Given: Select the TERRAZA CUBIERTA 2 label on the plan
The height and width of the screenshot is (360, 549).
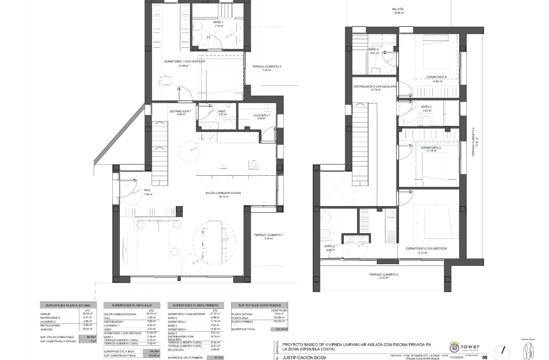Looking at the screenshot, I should [x=266, y=67].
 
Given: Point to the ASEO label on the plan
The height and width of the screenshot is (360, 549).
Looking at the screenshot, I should [x=222, y=111].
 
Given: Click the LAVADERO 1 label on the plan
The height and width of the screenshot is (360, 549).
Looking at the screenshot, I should [x=261, y=116].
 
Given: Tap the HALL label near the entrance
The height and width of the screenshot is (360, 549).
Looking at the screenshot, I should [x=147, y=190].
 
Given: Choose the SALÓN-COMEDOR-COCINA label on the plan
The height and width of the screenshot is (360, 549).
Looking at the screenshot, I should [x=223, y=193].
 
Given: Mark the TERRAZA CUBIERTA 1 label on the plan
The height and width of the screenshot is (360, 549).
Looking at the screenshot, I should [x=268, y=235].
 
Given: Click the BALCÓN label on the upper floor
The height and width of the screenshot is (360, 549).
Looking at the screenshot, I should [x=398, y=9].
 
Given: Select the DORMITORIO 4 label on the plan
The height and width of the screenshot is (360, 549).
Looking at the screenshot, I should [x=436, y=77].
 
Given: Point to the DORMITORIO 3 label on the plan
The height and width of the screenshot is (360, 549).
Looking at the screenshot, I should [x=430, y=148].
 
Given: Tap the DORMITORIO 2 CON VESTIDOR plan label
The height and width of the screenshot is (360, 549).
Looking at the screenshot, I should [x=426, y=249].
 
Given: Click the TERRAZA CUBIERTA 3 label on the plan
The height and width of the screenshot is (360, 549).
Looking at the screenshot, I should [x=383, y=274].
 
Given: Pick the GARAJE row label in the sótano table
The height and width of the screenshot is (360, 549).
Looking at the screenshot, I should [x=46, y=314].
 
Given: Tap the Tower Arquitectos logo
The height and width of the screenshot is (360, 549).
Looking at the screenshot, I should [x=464, y=347].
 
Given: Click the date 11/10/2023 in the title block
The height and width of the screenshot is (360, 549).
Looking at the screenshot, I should [x=456, y=357].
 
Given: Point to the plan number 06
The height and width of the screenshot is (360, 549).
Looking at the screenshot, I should [x=485, y=357].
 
